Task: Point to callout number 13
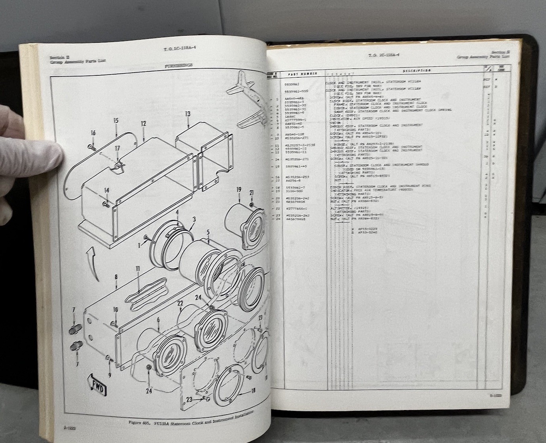(x=188, y=114)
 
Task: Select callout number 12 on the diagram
(x=143, y=124)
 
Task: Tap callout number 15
(x=116, y=120)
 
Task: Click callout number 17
(x=117, y=148)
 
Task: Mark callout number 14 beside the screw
(x=107, y=191)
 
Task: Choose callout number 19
(x=239, y=190)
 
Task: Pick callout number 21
(x=251, y=193)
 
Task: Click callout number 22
(x=180, y=304)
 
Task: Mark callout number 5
(x=207, y=232)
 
